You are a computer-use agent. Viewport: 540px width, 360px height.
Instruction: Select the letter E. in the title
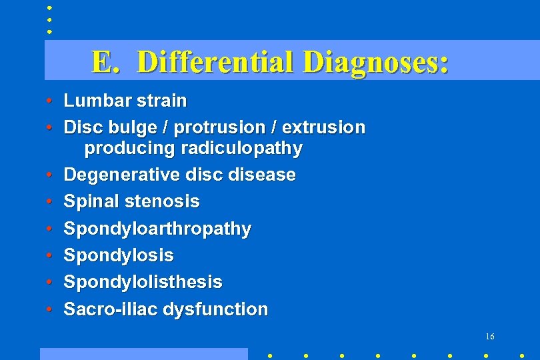[105, 62]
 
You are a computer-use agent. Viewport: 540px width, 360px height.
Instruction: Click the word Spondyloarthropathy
[157, 229]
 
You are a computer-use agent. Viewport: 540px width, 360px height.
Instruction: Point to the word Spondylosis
[119, 255]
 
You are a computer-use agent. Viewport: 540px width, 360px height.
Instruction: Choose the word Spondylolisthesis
[143, 282]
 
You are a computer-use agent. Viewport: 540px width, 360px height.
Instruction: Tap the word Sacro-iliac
[101, 309]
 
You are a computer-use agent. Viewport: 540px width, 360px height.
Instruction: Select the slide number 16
[490, 337]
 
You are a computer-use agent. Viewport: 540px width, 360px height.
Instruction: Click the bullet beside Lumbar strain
[50, 101]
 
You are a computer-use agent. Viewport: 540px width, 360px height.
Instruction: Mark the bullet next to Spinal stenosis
[50, 202]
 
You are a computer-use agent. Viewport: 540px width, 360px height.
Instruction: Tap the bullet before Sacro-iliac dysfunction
[50, 310]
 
